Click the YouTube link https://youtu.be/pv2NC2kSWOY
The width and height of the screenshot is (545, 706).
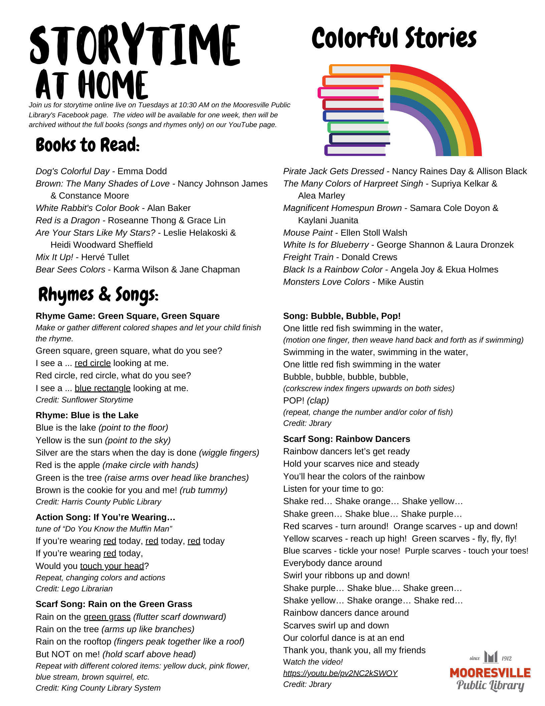[x=340, y=673]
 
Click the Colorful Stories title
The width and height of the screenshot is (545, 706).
[x=394, y=38]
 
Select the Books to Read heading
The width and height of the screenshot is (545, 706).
[x=87, y=145]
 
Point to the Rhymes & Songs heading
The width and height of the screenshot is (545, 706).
[x=98, y=295]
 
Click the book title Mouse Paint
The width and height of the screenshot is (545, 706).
[x=308, y=233]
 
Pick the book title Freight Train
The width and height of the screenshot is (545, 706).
[x=308, y=257]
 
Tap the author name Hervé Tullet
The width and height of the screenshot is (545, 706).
[x=105, y=257]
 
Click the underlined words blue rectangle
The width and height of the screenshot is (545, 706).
[x=103, y=388]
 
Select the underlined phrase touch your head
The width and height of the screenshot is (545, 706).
[x=112, y=566]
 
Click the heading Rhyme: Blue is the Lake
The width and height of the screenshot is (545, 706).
[x=87, y=415]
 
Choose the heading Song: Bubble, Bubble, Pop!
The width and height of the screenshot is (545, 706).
[x=342, y=316]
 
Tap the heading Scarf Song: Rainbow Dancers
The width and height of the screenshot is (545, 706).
[x=346, y=439]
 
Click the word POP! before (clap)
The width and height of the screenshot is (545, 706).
[x=294, y=400]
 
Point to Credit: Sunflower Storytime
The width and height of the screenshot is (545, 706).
[x=84, y=400]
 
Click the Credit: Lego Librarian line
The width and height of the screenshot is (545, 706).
[x=74, y=589]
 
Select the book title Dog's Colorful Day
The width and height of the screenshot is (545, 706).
[x=72, y=171]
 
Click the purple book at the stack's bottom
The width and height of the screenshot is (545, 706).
[x=355, y=150]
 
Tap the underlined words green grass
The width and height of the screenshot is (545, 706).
[x=107, y=617]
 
